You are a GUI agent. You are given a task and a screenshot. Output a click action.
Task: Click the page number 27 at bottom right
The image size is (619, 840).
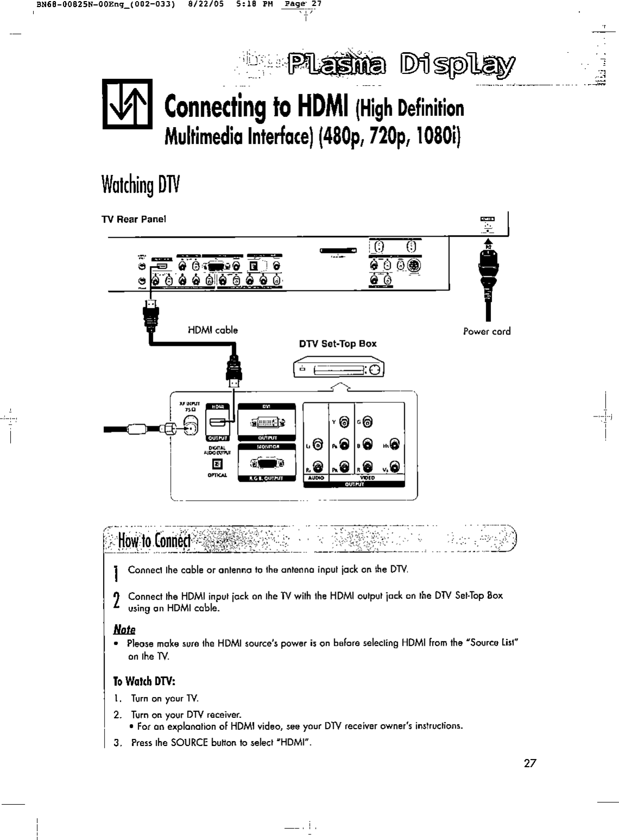point(529,763)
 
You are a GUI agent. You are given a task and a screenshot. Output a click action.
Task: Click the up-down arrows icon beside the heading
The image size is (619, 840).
point(128,104)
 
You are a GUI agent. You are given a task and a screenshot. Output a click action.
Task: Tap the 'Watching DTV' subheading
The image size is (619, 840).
point(140,185)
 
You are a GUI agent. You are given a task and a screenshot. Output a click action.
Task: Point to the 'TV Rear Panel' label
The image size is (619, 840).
point(133,219)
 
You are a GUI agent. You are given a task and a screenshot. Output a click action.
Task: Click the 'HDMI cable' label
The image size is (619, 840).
point(212,330)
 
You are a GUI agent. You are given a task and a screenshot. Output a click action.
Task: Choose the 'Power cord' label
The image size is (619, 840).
point(487,331)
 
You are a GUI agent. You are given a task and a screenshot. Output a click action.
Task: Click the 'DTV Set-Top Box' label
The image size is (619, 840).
point(337,344)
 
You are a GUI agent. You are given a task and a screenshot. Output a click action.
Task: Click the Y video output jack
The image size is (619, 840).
point(344,422)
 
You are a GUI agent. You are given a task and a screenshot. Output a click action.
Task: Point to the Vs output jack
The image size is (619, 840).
point(395,466)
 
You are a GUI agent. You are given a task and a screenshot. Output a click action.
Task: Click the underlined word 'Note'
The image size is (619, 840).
point(124,629)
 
